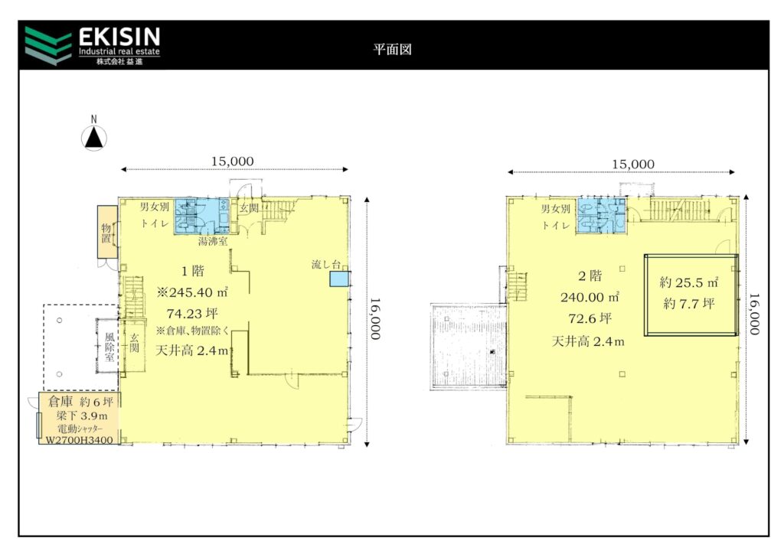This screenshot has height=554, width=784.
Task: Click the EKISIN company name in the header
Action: [119, 37]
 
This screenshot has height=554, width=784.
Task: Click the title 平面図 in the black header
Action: [393, 49]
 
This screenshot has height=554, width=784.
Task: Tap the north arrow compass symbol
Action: [94, 138]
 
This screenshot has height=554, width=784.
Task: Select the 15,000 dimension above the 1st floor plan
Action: [233, 161]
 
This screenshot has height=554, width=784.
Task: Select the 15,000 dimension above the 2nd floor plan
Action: [633, 165]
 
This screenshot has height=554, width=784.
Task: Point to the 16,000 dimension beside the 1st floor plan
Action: [375, 319]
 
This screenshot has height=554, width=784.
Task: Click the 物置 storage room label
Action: [106, 233]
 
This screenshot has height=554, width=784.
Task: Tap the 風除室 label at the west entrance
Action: [109, 347]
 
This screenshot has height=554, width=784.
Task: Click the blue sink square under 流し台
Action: [339, 279]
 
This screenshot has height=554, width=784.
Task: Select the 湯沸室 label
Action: [213, 241]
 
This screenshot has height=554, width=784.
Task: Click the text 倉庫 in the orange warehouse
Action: [60, 401]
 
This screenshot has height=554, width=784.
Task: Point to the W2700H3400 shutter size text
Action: [79, 440]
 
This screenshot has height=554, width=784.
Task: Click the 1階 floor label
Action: [192, 271]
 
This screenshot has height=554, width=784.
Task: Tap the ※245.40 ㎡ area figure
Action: [192, 292]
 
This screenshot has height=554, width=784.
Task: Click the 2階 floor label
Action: [590, 275]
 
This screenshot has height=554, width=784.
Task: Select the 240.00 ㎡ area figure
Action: [590, 297]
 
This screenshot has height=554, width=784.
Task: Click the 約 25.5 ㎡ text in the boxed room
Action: [689, 282]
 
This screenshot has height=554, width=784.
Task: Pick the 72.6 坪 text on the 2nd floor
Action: [590, 319]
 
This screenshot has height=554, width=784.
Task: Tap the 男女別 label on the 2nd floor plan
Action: [556, 209]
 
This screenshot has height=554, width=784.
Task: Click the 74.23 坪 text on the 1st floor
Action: [192, 314]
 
